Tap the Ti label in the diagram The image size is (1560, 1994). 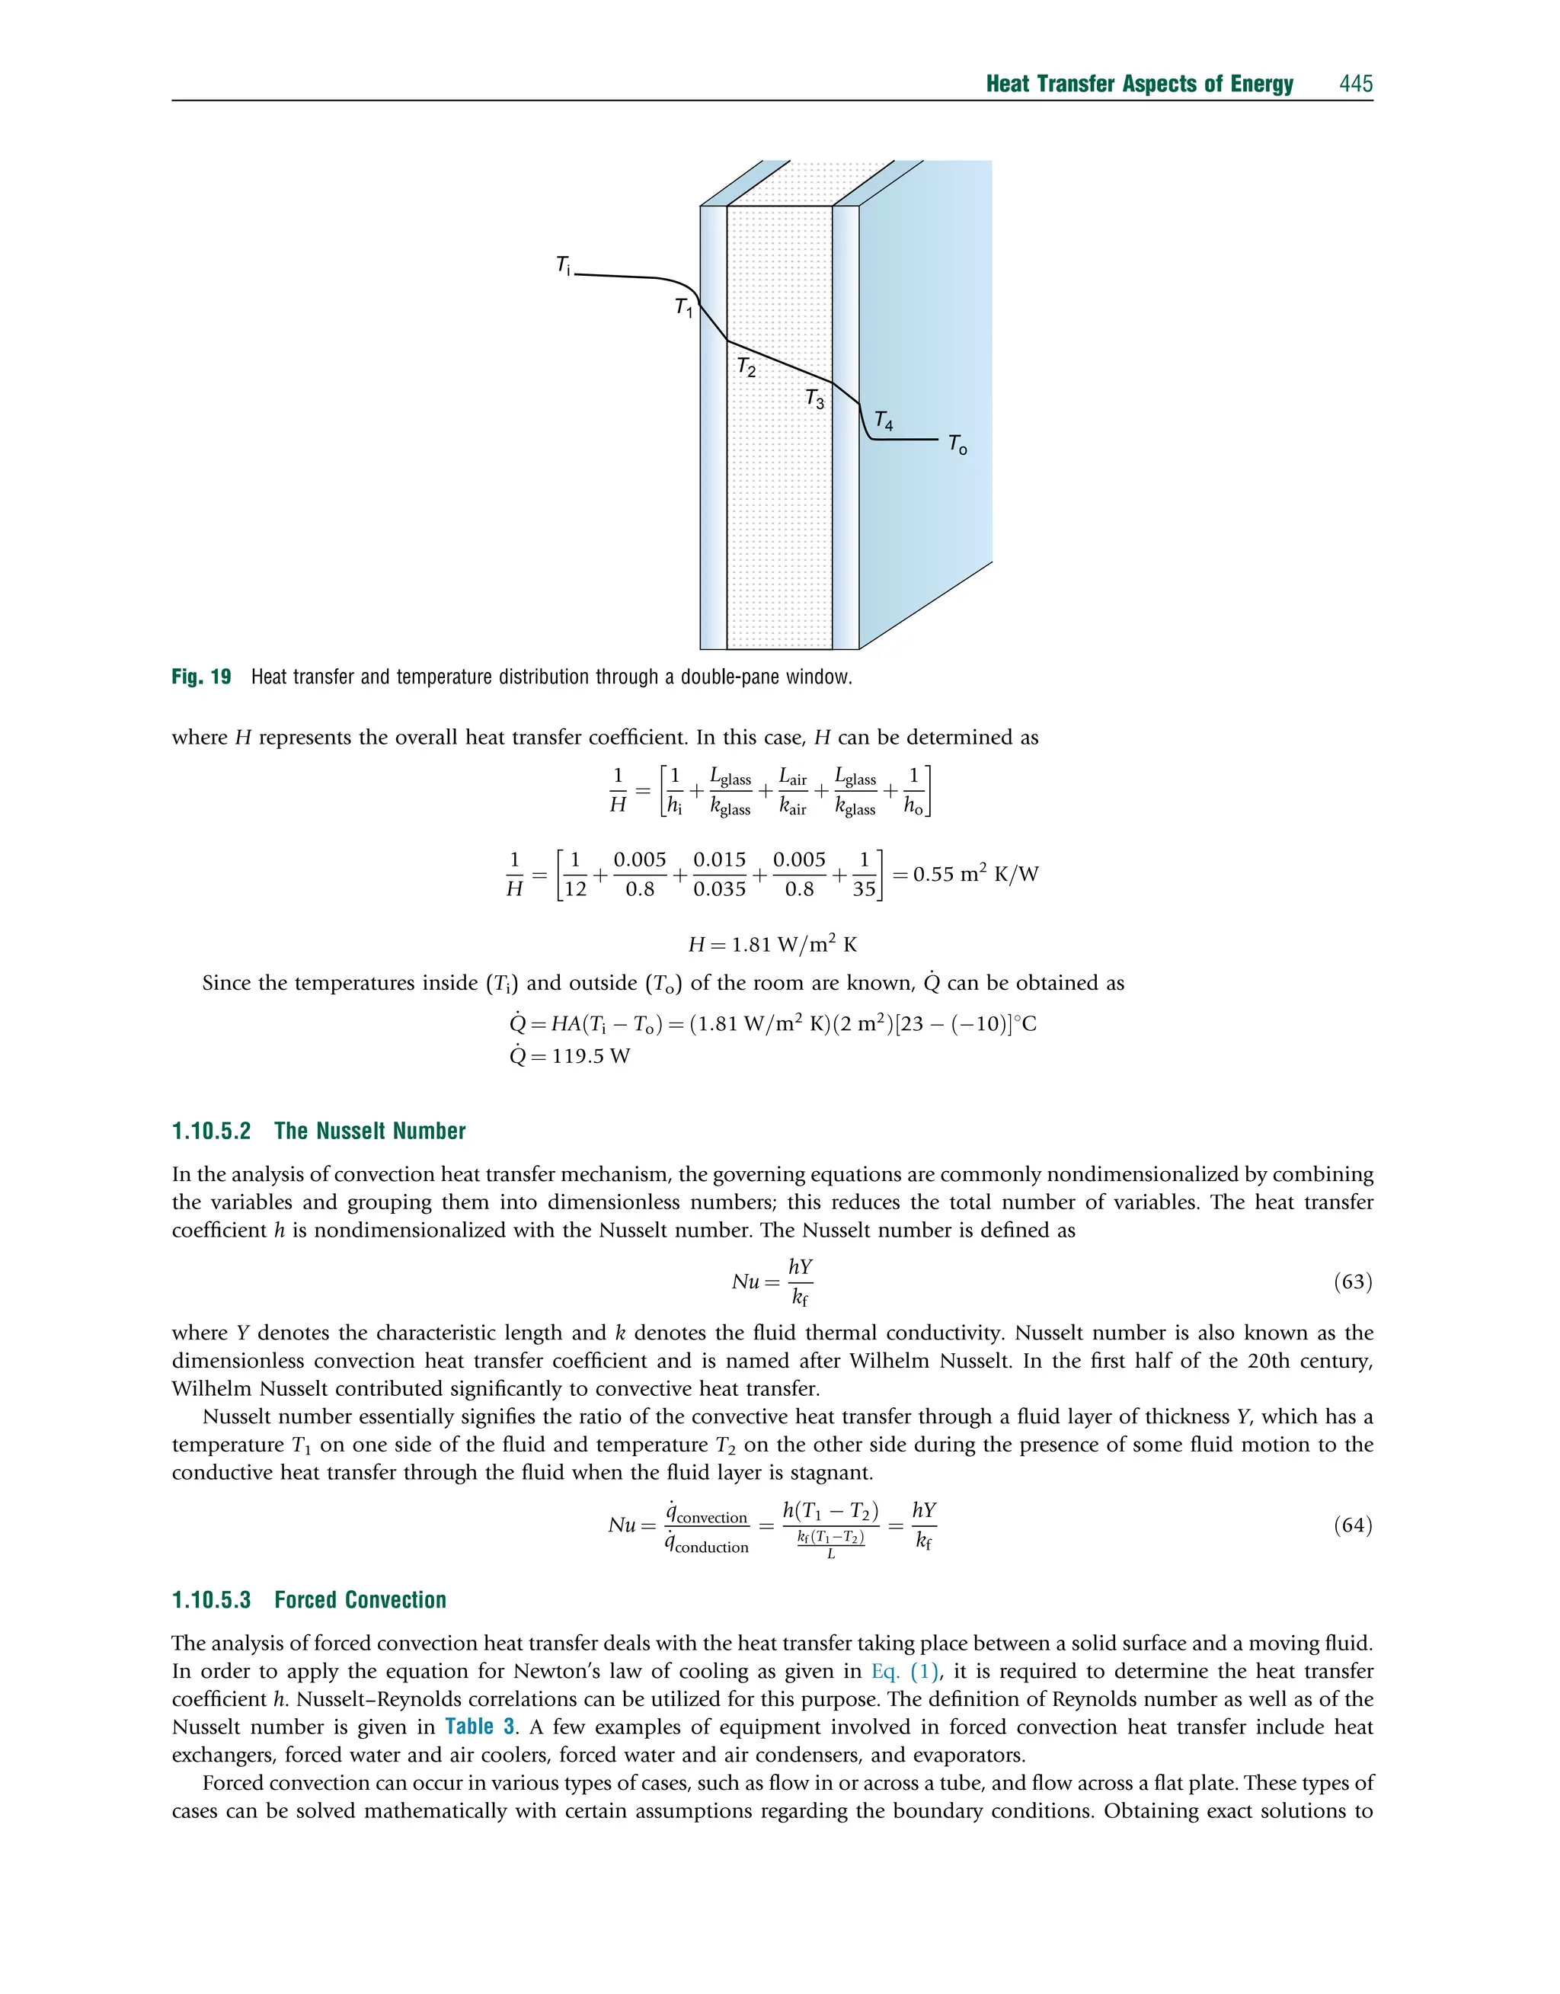(564, 266)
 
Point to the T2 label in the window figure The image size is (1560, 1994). (746, 367)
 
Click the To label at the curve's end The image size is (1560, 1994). (957, 445)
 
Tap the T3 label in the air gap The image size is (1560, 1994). (814, 399)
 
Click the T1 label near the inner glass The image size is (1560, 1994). (683, 309)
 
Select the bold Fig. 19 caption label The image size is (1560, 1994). (201, 677)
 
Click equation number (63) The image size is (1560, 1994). (1353, 1282)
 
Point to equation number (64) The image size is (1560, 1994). (1353, 1525)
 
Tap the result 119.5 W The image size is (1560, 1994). (591, 1057)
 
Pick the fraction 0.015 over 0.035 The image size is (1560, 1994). (719, 874)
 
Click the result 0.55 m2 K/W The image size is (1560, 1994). (976, 874)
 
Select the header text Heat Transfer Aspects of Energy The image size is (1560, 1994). (1139, 84)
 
